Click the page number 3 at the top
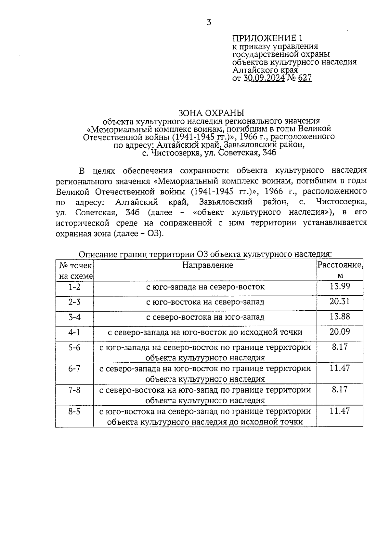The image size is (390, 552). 209,22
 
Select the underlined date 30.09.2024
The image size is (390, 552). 264,78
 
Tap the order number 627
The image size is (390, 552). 305,78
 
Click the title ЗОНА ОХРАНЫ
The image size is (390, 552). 211,113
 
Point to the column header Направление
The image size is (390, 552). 207,265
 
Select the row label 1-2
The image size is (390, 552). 74,287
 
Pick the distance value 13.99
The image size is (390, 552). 340,286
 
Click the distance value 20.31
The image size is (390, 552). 340,302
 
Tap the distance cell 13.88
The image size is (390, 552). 340,316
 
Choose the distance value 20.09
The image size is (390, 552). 340,332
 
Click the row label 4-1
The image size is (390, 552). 74,332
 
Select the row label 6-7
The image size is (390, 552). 74,369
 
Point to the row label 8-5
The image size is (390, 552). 74,411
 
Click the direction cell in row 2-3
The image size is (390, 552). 205,302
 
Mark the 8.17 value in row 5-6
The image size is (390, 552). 340,347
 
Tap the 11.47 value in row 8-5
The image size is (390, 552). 340,411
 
